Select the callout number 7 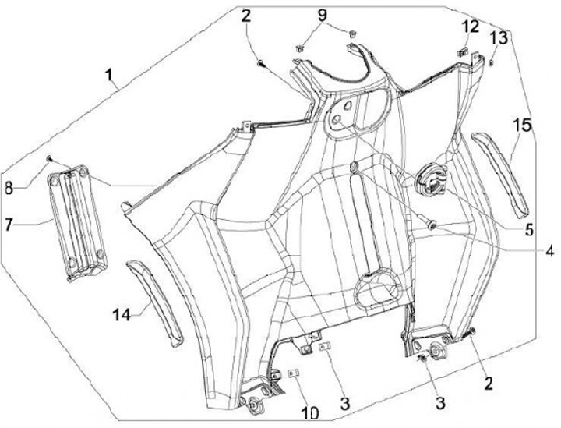point(9,225)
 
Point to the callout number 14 point(121,314)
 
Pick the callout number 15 point(521,126)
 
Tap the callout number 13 point(499,37)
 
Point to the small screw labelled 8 point(49,159)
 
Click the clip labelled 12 point(460,51)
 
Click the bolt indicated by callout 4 point(432,225)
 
